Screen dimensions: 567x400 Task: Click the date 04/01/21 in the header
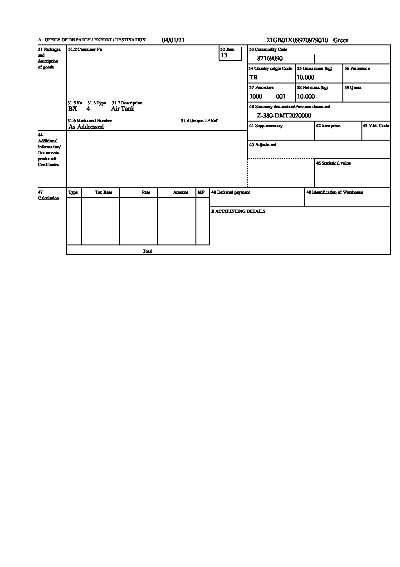173,40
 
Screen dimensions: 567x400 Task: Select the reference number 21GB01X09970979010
297,40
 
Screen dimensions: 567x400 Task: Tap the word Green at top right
341,40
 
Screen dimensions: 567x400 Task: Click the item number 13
224,55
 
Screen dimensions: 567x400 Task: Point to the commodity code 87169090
270,59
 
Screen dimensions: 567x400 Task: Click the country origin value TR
254,78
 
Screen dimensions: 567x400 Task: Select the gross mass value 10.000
306,78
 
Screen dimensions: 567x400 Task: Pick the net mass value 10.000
306,97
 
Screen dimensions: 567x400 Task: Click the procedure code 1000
256,97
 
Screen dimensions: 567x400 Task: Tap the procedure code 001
281,97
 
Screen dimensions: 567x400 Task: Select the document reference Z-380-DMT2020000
284,116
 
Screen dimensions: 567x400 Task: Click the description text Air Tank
122,109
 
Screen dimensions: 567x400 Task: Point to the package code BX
73,109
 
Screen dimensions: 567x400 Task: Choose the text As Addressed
86,127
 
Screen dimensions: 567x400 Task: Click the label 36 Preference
357,68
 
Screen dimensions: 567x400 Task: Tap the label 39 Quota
353,88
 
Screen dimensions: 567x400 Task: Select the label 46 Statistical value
333,163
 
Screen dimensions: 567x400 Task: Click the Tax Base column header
103,192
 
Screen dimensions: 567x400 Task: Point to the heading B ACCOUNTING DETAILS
238,211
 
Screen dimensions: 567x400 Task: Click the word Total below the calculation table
147,251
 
